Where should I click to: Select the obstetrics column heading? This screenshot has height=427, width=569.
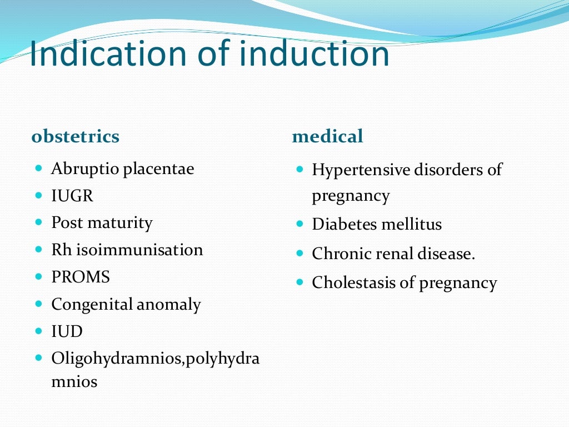click(75, 136)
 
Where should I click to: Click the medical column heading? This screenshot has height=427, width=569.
click(327, 136)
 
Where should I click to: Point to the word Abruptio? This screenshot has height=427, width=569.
click(84, 169)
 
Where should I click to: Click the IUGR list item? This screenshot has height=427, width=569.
click(72, 196)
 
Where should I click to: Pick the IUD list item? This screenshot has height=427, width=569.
click(67, 332)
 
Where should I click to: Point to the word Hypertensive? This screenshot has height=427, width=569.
click(356, 170)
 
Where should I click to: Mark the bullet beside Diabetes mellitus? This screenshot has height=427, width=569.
click(300, 224)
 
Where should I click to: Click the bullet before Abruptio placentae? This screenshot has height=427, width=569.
click(38, 167)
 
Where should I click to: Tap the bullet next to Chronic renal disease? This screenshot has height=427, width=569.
click(300, 253)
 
